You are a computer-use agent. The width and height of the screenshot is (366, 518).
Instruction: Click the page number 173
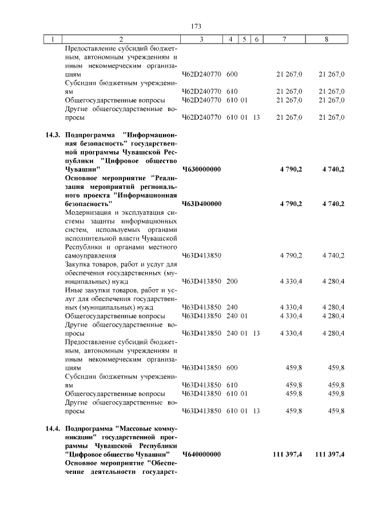click(x=196, y=26)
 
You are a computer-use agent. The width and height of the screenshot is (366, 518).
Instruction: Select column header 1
click(x=53, y=39)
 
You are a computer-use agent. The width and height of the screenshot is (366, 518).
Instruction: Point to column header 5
click(x=244, y=39)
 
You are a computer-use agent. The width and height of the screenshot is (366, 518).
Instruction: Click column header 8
click(x=327, y=39)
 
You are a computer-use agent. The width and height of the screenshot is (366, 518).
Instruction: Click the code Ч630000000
click(x=201, y=169)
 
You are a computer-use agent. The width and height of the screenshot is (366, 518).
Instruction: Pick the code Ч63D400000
click(x=201, y=204)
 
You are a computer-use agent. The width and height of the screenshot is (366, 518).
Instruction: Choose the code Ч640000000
click(x=201, y=454)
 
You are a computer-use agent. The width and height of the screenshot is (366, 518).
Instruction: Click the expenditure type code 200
click(x=232, y=281)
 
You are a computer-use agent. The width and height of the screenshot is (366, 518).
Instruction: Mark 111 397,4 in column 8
click(x=329, y=454)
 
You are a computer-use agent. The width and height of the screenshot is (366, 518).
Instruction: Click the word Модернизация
click(x=89, y=212)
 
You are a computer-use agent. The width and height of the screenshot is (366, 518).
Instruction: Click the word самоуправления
click(x=91, y=255)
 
